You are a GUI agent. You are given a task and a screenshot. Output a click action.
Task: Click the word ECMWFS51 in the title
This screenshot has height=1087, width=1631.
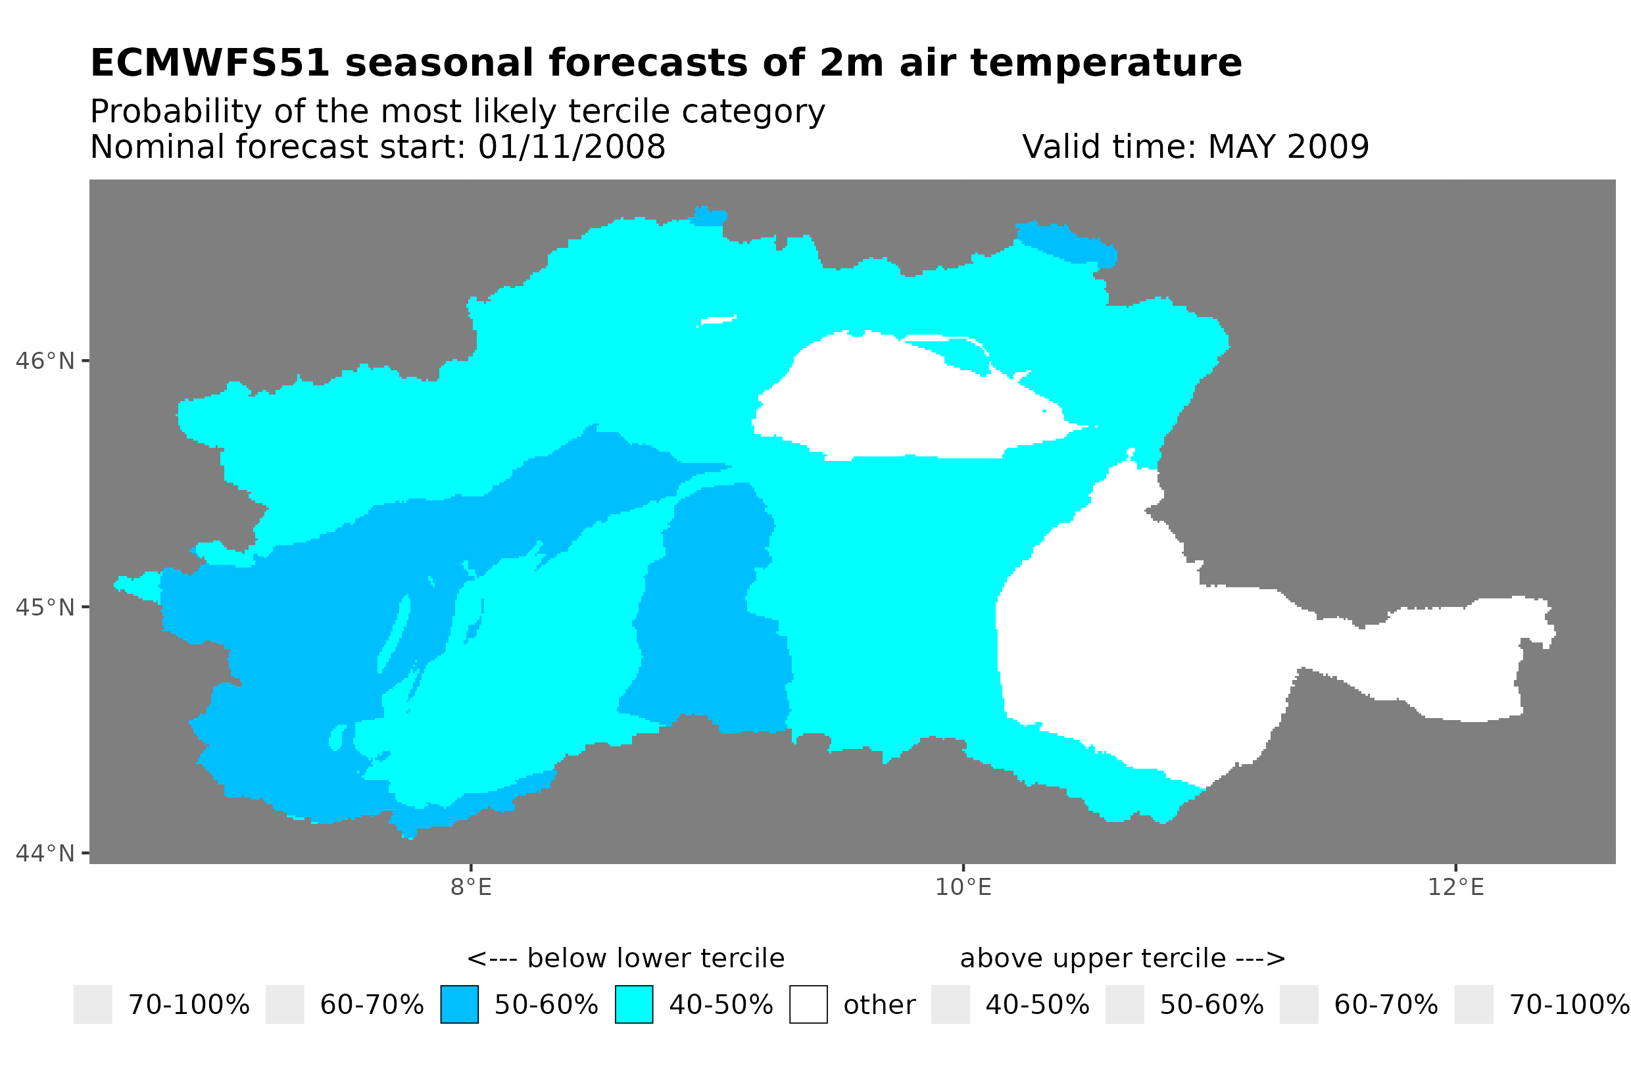pos(209,63)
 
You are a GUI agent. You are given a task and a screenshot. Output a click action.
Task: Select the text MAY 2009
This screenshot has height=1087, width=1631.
pos(1288,147)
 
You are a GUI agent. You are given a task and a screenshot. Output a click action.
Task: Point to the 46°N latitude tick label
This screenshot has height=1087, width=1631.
pos(44,361)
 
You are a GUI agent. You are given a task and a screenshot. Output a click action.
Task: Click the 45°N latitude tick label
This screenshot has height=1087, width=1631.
pos(44,607)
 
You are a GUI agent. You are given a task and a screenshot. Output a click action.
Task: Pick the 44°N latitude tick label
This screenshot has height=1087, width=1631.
pos(44,854)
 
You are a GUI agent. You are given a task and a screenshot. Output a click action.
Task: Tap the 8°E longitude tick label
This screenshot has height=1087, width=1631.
pos(471,887)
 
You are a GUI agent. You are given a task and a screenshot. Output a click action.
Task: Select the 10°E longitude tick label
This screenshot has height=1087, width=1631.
pos(963,887)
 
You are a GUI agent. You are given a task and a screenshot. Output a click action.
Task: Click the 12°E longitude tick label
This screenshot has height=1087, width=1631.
pos(1455,887)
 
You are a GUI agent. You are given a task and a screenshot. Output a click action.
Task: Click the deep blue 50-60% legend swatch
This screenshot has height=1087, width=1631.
pos(459,1005)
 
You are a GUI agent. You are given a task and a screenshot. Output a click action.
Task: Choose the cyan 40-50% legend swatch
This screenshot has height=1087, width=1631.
pos(633,1005)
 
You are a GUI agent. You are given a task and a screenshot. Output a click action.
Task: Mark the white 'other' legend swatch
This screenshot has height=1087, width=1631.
pos(808,1005)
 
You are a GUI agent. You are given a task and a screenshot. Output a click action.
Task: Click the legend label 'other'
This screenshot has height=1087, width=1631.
pos(879,1005)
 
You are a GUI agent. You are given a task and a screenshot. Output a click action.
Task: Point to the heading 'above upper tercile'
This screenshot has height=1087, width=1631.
pos(1122,959)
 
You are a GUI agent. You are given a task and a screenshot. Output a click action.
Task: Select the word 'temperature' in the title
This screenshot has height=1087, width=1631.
pos(1106,63)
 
